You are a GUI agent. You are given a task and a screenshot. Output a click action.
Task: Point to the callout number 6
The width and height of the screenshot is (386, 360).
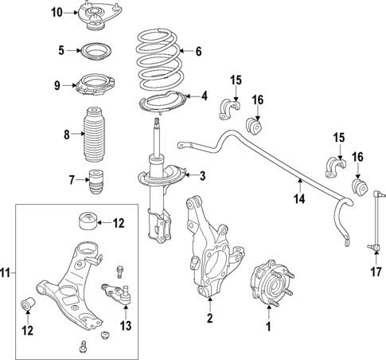[x=198, y=52]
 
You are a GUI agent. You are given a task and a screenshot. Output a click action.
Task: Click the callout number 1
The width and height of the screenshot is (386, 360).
[x=268, y=326]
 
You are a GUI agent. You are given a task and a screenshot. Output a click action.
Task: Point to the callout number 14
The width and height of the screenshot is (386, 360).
[x=299, y=199]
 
